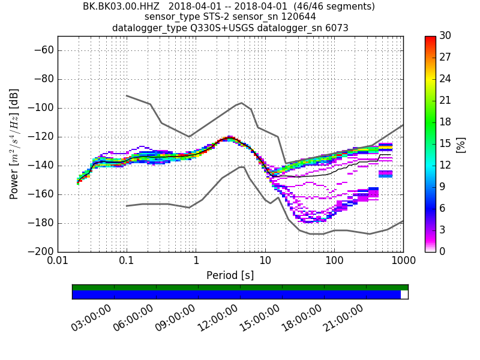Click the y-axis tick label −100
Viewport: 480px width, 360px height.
[41, 108]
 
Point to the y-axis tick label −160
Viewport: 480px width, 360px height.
[41, 194]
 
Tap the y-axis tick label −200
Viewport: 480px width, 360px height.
[41, 252]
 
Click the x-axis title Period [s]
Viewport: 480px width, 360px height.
[230, 275]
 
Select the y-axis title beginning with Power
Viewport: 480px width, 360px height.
[14, 144]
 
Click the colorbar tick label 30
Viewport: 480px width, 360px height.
[445, 36]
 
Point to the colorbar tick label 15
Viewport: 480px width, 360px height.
[445, 144]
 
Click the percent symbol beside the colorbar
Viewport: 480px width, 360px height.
[461, 144]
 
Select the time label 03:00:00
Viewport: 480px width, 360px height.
[92, 317]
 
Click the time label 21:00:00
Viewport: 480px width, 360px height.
[344, 317]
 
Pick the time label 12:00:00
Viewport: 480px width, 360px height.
[218, 317]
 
